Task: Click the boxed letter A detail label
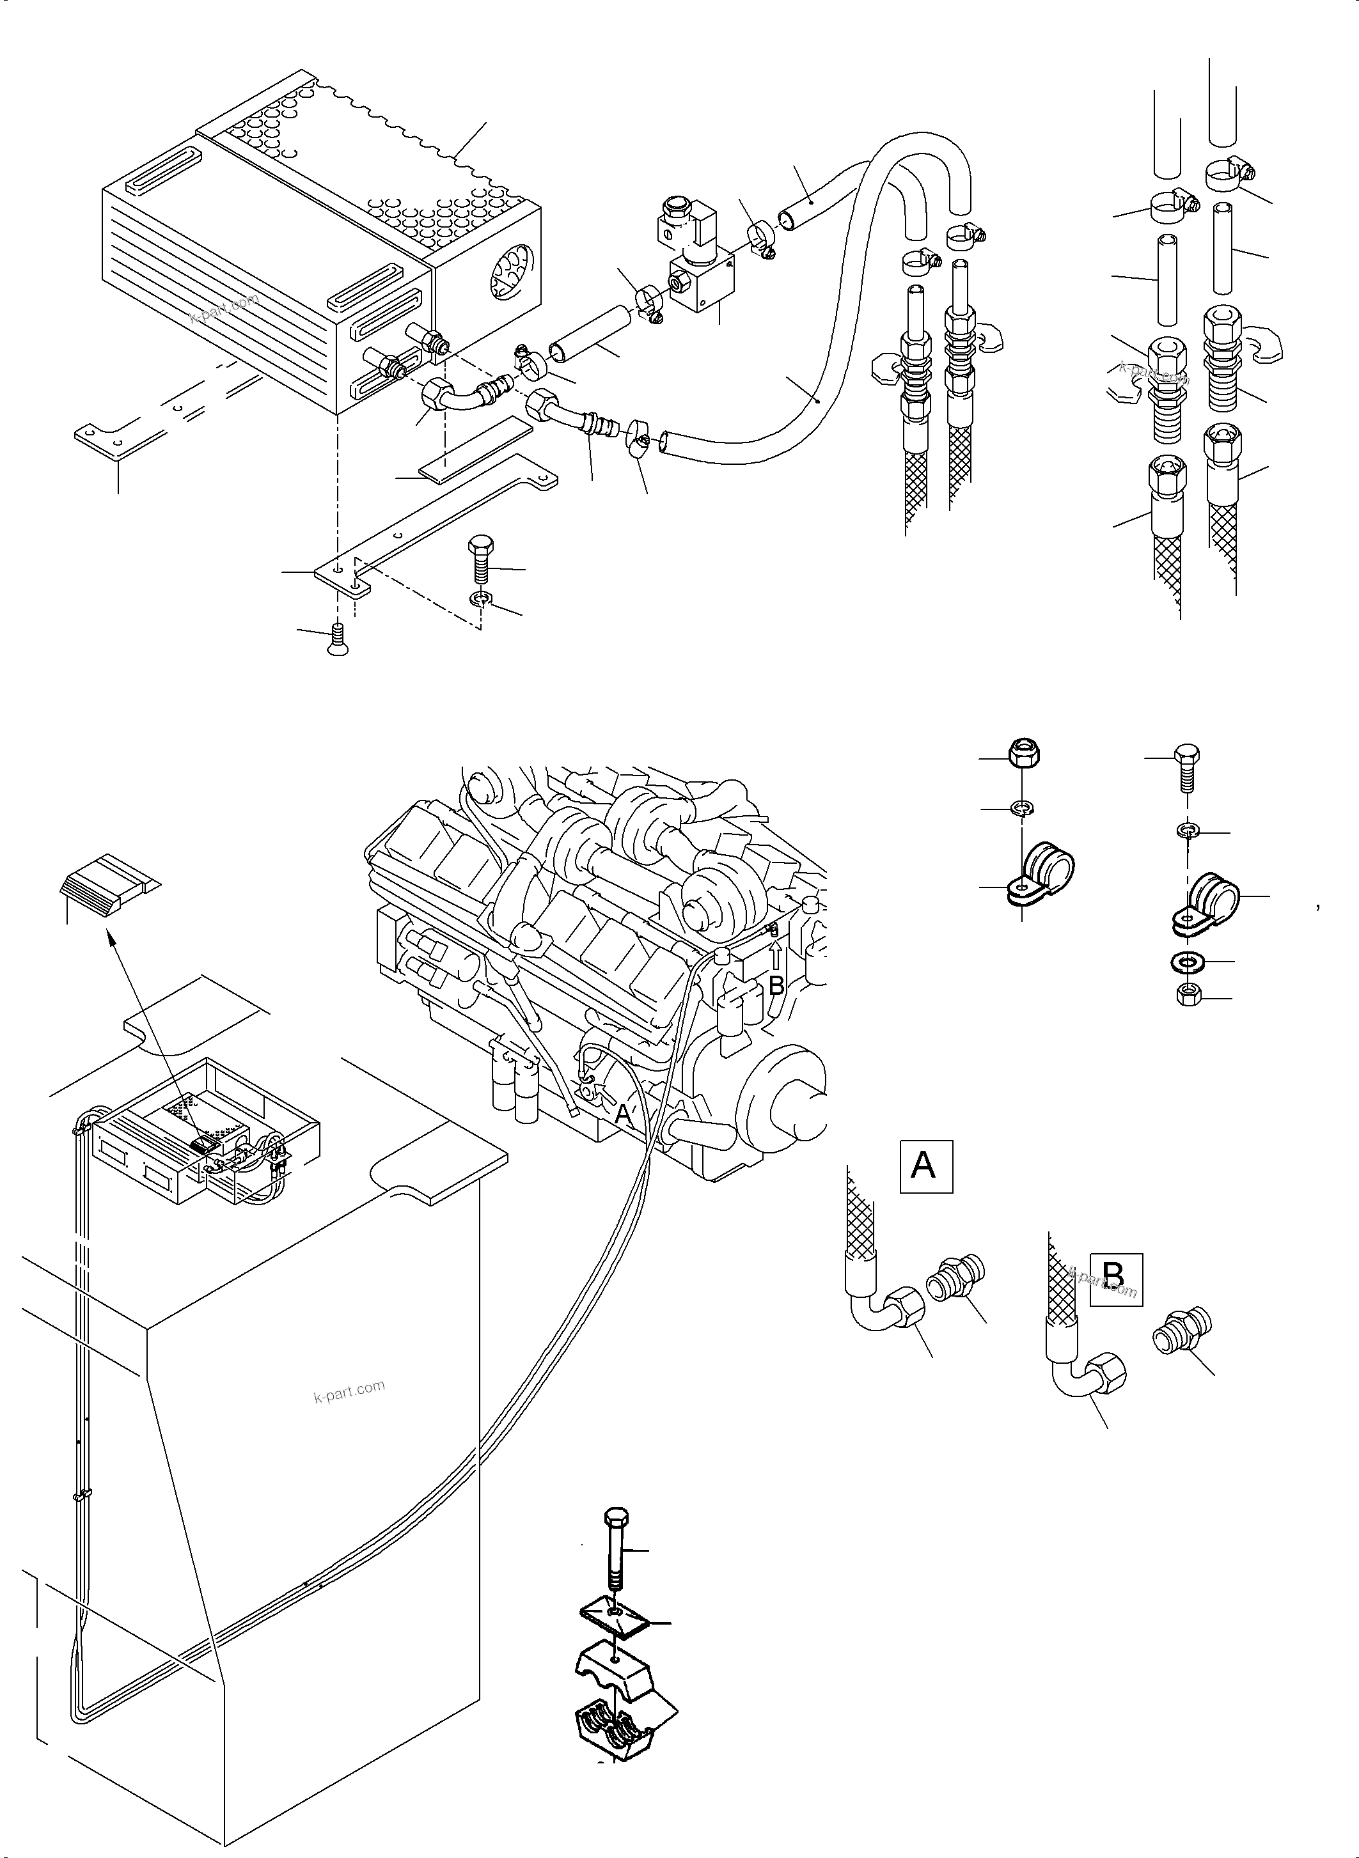pos(925,1166)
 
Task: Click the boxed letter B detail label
pos(1115,1280)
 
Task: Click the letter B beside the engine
pos(776,985)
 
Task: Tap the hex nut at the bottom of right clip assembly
pos(1187,996)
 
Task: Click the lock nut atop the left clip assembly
pos(1019,753)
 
